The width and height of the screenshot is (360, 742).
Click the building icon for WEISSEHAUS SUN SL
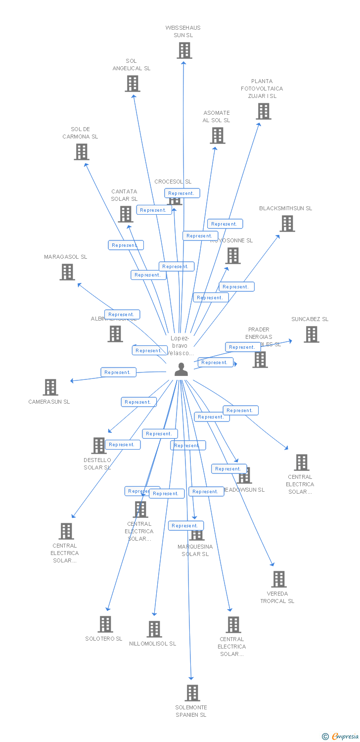[x=184, y=50]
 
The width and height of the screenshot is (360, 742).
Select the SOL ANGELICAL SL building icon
[x=132, y=84]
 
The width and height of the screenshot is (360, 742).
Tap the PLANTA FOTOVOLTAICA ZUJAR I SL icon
[x=264, y=111]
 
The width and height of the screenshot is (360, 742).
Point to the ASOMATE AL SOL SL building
[x=218, y=136]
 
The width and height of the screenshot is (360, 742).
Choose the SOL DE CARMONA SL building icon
[x=82, y=152]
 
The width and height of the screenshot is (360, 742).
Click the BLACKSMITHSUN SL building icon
[x=287, y=224]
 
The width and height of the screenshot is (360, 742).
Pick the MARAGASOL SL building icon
[x=67, y=272]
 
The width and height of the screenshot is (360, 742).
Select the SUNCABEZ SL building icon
[x=311, y=334]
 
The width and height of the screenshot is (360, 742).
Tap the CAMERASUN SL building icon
[x=50, y=387]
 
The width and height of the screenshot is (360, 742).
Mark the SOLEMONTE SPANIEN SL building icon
[x=192, y=693]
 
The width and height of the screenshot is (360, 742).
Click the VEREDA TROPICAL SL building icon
[x=279, y=579]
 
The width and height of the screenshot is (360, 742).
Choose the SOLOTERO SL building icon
[x=105, y=624]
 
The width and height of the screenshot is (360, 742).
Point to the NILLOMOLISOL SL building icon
[x=154, y=629]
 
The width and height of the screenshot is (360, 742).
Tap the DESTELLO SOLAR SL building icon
[x=99, y=446]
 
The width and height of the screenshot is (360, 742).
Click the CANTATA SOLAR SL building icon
[x=126, y=214]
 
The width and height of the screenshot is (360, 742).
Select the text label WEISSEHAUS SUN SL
[x=183, y=31]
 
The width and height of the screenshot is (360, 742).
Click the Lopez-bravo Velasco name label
[x=180, y=346]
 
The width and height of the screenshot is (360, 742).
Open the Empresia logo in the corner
[x=341, y=737]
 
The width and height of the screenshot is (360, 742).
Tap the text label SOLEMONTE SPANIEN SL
[x=191, y=711]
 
